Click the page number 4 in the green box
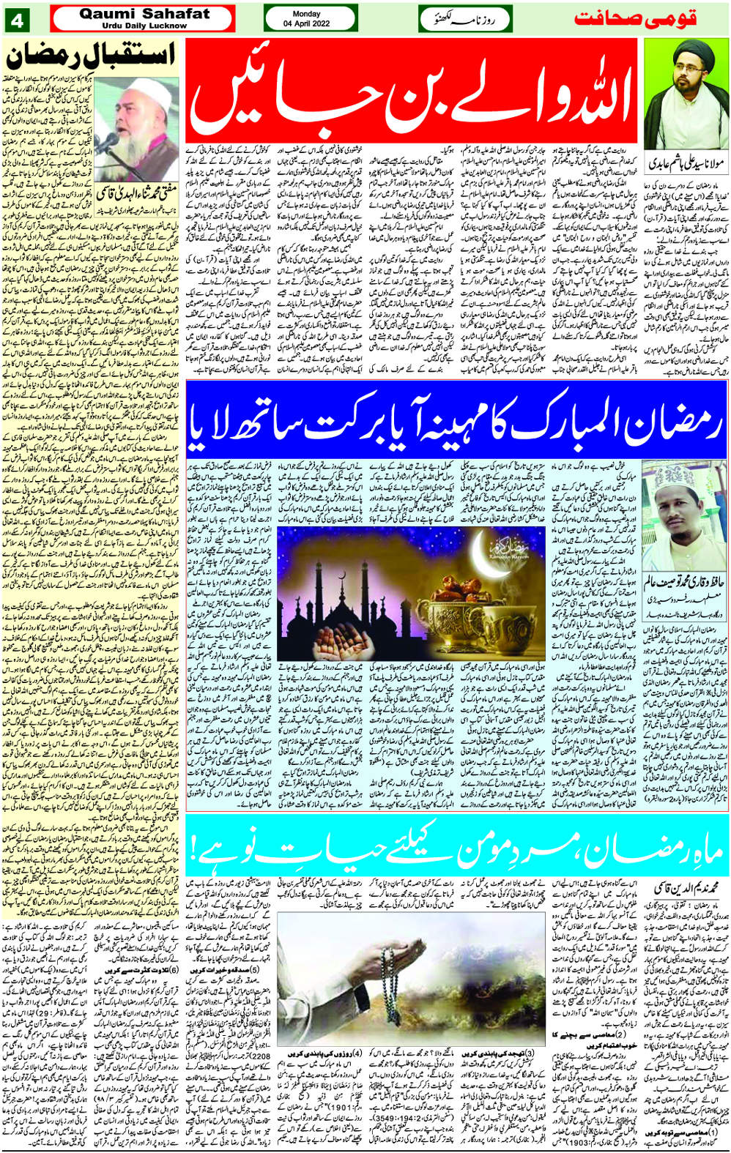(x=17, y=20)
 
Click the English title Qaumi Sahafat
(x=144, y=14)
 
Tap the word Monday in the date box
(x=306, y=14)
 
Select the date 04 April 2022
(x=306, y=23)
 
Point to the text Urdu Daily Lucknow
(x=144, y=26)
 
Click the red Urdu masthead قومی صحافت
(x=635, y=18)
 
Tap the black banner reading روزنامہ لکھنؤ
(x=464, y=19)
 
